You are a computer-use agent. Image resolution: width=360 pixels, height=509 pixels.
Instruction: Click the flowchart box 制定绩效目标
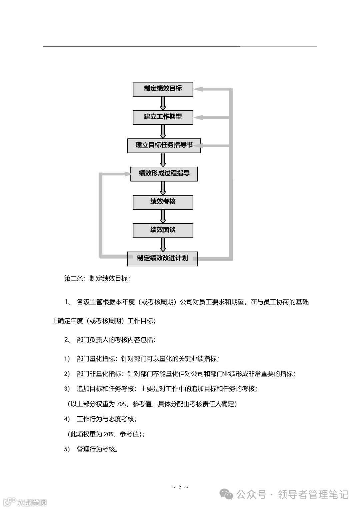pyautogui.click(x=163, y=89)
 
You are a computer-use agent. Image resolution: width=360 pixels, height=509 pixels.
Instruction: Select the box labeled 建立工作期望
pyautogui.click(x=163, y=117)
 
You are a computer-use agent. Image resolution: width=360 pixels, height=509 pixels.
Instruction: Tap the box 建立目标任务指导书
pyautogui.click(x=164, y=145)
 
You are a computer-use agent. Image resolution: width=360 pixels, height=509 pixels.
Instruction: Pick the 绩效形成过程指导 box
pyautogui.click(x=164, y=174)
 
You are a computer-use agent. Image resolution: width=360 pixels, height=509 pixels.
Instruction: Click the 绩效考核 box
pyautogui.click(x=163, y=202)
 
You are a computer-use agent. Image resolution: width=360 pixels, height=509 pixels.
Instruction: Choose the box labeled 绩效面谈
pyautogui.click(x=163, y=230)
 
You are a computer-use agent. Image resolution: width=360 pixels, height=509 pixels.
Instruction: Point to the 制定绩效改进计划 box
pyautogui.click(x=162, y=258)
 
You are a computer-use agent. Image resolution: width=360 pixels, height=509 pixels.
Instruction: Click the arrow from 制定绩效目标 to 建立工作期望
pyautogui.click(x=163, y=103)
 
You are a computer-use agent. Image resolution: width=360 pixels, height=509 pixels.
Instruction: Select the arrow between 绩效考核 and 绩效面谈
pyautogui.click(x=163, y=216)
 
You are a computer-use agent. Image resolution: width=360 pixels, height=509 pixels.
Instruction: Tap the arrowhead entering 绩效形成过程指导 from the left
pyautogui.click(x=126, y=174)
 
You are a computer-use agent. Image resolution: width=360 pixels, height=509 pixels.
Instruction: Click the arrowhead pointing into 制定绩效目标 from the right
pyautogui.click(x=198, y=89)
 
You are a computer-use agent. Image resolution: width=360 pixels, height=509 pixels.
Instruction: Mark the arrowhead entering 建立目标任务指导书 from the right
pyautogui.click(x=205, y=146)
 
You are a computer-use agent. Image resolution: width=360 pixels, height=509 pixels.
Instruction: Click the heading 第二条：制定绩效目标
pyautogui.click(x=97, y=279)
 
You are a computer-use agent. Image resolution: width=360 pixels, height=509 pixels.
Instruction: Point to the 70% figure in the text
pyautogui.click(x=121, y=404)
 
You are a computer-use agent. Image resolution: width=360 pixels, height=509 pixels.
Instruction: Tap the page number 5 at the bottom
pyautogui.click(x=180, y=487)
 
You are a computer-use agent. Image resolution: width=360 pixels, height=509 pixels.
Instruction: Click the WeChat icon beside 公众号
pyautogui.click(x=228, y=495)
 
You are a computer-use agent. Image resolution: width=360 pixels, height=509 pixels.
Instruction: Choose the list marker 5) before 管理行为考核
pyautogui.click(x=67, y=449)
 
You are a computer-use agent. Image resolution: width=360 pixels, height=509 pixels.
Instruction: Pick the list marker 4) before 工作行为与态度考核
pyautogui.click(x=67, y=419)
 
